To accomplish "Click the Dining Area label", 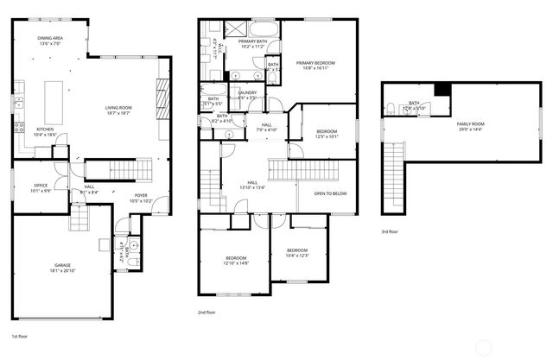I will coord(48,39).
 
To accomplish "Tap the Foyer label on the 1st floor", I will coord(140,196).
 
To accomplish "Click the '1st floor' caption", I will coord(20,336).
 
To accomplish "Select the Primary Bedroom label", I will coord(315,63).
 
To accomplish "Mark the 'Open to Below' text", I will coord(330,193).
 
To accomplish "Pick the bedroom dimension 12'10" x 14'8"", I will coord(237,263).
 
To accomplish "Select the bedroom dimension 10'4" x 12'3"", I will coord(296,255).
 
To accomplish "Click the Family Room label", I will coord(471,124).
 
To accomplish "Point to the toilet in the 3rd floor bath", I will coord(391,109).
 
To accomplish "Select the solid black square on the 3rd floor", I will coord(442,89).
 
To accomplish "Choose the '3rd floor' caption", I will coord(390,231).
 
